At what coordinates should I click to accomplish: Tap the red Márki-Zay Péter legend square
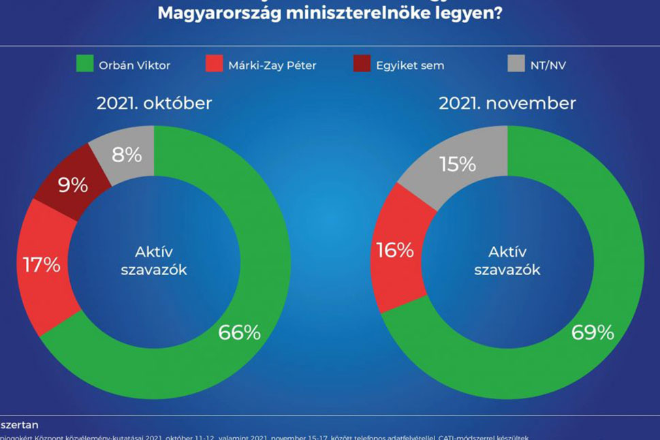coord(214,65)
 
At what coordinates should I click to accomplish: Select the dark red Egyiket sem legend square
coord(362,65)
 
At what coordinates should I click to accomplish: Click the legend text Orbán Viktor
coord(133,65)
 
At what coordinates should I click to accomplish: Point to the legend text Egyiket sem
coord(409,65)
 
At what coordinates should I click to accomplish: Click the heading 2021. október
coord(154,103)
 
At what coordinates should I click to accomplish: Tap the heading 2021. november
coord(507,103)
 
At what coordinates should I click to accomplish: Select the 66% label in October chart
coord(239,332)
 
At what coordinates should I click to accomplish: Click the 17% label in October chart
coord(42,265)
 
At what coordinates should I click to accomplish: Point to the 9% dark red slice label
coord(72,185)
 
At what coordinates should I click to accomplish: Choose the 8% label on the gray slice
coord(127,155)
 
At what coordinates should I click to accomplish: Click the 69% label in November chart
coord(593,332)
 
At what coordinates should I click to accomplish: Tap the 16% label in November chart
coord(395,251)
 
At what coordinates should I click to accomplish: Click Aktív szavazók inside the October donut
coord(154,261)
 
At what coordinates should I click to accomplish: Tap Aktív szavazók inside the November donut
coord(507,261)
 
